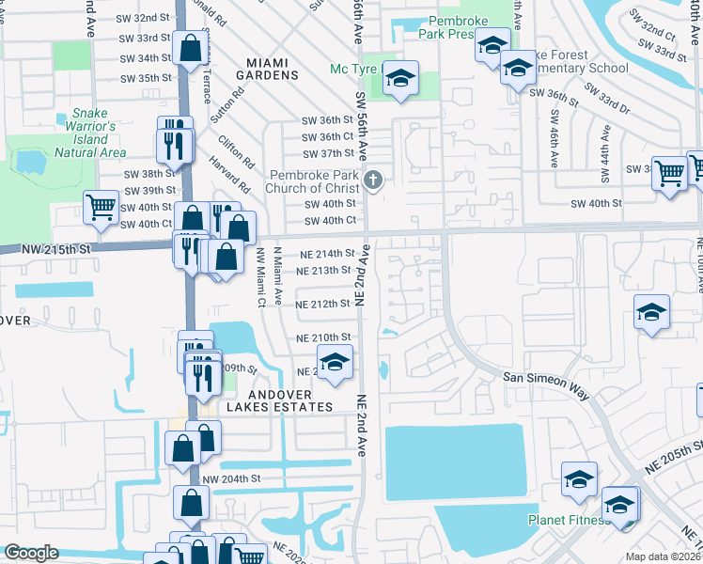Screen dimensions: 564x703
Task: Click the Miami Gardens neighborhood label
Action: (x=273, y=68)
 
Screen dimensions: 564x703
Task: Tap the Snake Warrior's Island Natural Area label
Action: (x=90, y=133)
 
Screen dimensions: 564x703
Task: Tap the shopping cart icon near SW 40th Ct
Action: (x=101, y=208)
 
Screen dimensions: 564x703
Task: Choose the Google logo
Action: (x=31, y=553)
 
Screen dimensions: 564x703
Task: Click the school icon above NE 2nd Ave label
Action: (x=335, y=361)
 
